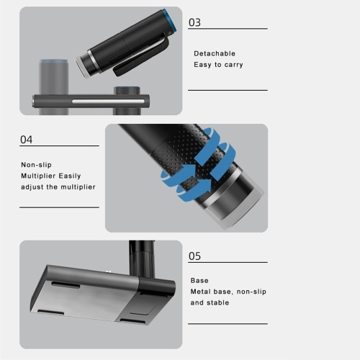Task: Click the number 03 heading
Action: [194, 22]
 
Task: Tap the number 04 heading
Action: [26, 140]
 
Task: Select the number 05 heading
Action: [194, 256]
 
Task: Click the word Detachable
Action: [215, 53]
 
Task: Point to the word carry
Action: [233, 65]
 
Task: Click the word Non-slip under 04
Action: [36, 165]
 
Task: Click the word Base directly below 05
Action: [199, 280]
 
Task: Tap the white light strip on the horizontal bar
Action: [108, 102]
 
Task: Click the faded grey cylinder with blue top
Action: [54, 86]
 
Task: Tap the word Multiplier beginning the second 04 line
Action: [39, 176]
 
